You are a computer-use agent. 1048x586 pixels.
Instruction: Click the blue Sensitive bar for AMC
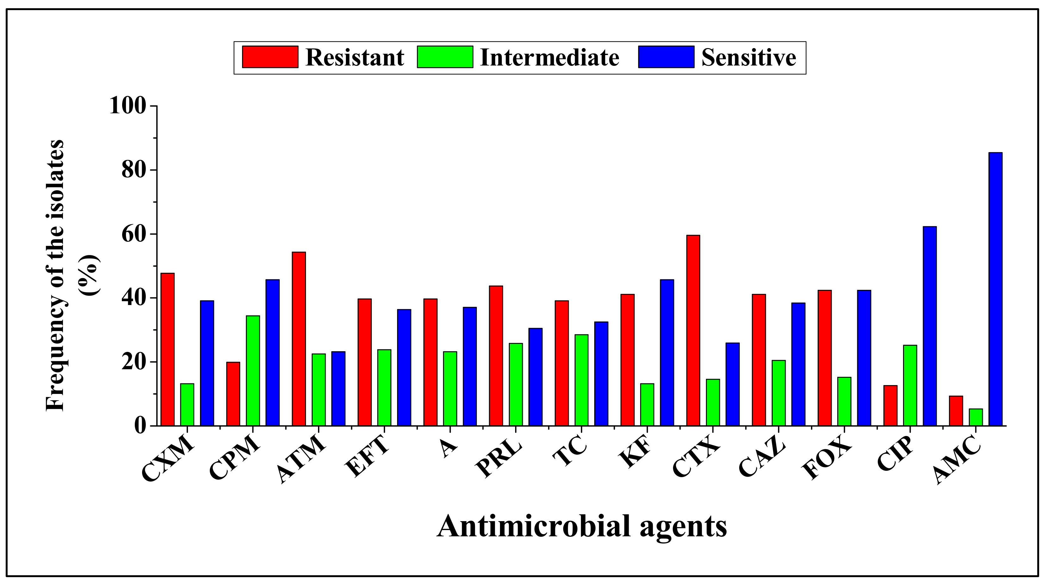pos(995,289)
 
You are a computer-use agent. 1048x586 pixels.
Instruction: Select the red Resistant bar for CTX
pos(693,330)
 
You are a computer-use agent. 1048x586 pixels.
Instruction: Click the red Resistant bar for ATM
pos(299,339)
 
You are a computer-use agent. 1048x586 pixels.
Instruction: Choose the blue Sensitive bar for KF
pos(667,353)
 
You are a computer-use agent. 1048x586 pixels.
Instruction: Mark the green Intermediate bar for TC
pos(581,380)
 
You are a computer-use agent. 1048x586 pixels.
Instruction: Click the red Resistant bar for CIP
pos(890,406)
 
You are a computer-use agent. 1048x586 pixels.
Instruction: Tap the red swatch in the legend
pos(270,57)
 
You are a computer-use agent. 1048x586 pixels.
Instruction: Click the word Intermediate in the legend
pos(549,57)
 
